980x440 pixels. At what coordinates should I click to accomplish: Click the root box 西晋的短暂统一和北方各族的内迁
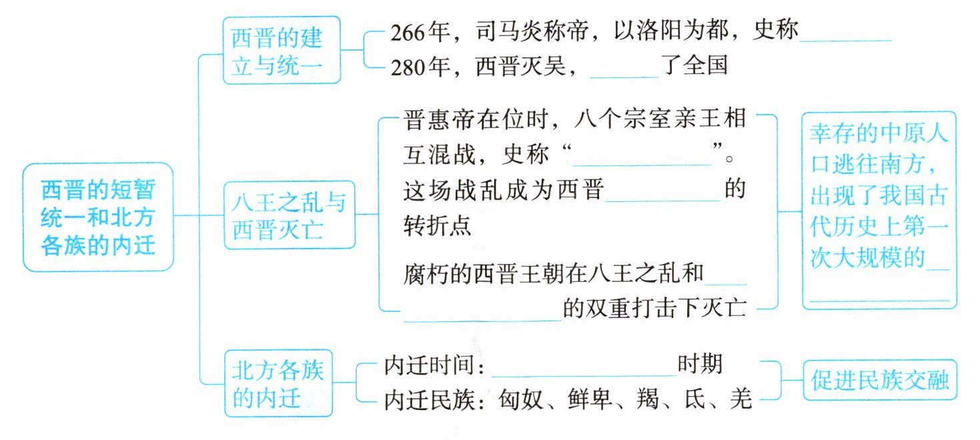(98, 217)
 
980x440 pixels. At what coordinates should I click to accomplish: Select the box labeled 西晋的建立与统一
(281, 51)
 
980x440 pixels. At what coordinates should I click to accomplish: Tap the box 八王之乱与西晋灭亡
(288, 215)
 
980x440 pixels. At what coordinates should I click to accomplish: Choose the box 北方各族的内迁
(278, 383)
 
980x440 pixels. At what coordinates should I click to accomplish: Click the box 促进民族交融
(879, 381)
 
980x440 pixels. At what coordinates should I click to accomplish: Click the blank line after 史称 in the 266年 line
(845, 37)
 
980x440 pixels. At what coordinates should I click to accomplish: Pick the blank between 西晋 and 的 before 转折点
(664, 196)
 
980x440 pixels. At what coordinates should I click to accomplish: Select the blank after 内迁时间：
(584, 372)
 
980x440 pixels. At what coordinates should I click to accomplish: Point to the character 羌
(741, 399)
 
